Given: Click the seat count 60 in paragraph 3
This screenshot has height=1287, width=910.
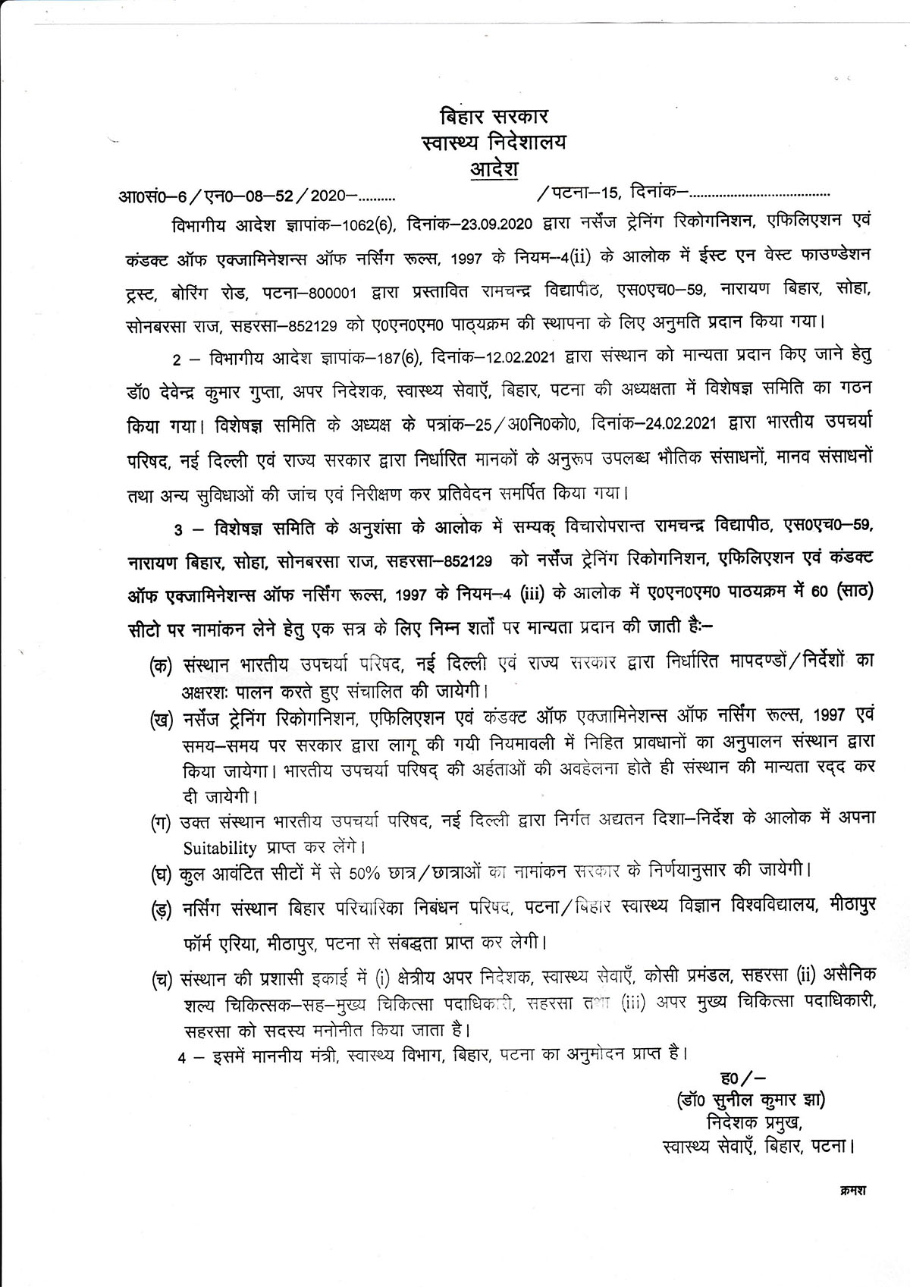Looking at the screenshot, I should pyautogui.click(x=818, y=592).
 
